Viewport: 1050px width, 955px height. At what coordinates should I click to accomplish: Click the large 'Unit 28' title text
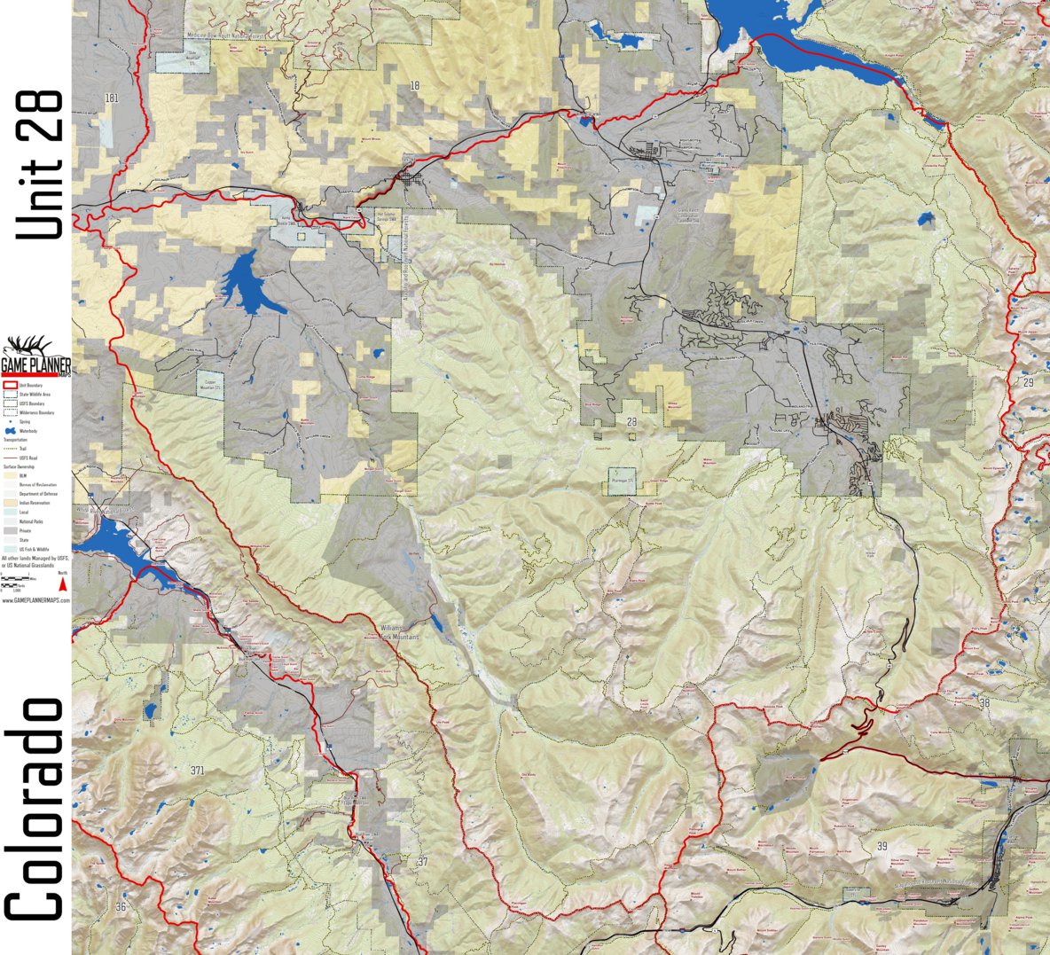[x=40, y=165]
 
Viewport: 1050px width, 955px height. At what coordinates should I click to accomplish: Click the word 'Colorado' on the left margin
[x=35, y=809]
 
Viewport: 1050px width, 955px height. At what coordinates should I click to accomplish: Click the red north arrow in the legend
[x=62, y=583]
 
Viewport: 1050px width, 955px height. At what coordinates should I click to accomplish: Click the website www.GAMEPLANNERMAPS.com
[x=35, y=600]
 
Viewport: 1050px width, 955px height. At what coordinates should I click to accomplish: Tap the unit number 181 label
[x=111, y=98]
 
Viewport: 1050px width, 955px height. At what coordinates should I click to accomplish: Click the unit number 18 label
[x=414, y=85]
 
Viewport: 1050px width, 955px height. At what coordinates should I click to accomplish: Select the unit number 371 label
[x=197, y=771]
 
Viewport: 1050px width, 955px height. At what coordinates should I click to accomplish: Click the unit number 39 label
[x=882, y=846]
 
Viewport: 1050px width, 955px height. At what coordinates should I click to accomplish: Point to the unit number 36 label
[x=121, y=906]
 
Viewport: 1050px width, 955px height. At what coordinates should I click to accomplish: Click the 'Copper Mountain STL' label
[x=209, y=386]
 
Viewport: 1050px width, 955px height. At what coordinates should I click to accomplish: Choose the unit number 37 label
[x=422, y=862]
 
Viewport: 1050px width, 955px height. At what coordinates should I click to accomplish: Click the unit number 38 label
[x=984, y=702]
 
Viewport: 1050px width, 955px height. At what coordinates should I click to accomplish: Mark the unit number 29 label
[x=1028, y=381]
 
